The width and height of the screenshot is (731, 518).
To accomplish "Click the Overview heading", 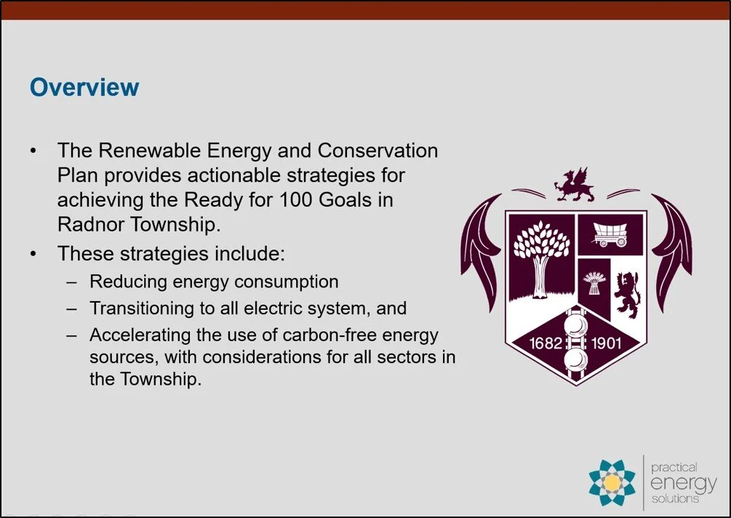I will click(84, 87).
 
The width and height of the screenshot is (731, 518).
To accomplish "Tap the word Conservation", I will click(378, 151).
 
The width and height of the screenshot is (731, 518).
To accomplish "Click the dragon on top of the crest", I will click(574, 185).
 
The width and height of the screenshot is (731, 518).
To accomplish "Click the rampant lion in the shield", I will click(625, 291).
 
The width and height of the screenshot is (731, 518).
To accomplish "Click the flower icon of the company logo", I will click(612, 482).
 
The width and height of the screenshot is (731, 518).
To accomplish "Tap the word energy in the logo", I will click(683, 482).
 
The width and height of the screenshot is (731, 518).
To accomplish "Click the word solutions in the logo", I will click(674, 498).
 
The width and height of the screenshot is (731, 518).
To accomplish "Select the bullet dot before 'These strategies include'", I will click(33, 255).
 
